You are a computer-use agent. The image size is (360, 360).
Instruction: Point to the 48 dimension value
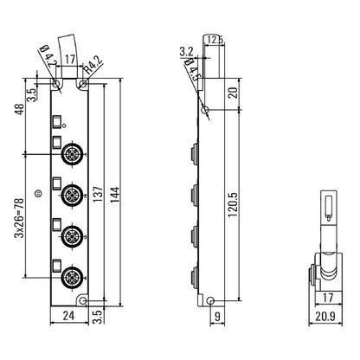[19, 111]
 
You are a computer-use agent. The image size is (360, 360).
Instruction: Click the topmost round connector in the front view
[71, 155]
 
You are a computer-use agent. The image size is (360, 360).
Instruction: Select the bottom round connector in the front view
[71, 278]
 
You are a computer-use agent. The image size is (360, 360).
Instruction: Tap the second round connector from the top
[71, 196]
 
